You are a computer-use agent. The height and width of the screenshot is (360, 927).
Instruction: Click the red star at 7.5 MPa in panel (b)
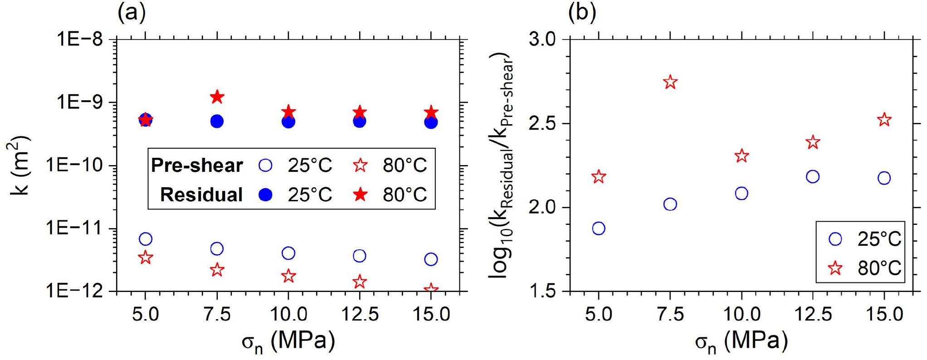[x=670, y=83]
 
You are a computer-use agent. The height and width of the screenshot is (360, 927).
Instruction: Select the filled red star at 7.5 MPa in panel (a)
[x=217, y=97]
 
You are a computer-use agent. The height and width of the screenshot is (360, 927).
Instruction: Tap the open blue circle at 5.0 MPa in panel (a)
[x=145, y=239]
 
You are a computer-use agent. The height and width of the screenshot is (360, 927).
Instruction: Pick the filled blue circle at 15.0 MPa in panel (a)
[x=431, y=122]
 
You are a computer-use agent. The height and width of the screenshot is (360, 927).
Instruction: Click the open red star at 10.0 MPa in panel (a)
[x=288, y=276]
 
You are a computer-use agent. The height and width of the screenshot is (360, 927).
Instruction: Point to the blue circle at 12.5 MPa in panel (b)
[x=813, y=176]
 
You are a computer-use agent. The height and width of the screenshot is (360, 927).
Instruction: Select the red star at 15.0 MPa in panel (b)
[x=884, y=120]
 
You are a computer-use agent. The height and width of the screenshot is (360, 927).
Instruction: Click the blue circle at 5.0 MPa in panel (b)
[x=599, y=228]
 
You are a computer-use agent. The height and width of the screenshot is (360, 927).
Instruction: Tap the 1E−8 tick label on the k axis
[x=80, y=39]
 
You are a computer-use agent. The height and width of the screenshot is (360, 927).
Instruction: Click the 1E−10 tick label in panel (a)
[x=75, y=165]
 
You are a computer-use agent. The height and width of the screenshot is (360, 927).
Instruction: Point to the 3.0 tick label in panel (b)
[x=542, y=39]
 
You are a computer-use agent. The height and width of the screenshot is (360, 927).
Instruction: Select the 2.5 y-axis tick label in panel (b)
[x=542, y=124]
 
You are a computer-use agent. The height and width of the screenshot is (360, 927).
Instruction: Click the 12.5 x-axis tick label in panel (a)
[x=359, y=314]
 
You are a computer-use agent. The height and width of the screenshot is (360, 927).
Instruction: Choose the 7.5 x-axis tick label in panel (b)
[x=670, y=314]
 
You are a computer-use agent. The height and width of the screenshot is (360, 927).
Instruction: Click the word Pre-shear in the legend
[x=197, y=165]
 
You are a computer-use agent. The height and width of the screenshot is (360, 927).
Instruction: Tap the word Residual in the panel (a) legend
[x=201, y=195]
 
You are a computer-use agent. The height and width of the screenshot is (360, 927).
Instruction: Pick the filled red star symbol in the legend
[x=360, y=195]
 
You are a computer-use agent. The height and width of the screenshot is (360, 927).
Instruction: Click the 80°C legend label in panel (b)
[x=879, y=268]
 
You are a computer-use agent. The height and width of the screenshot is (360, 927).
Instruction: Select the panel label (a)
[x=132, y=13]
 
